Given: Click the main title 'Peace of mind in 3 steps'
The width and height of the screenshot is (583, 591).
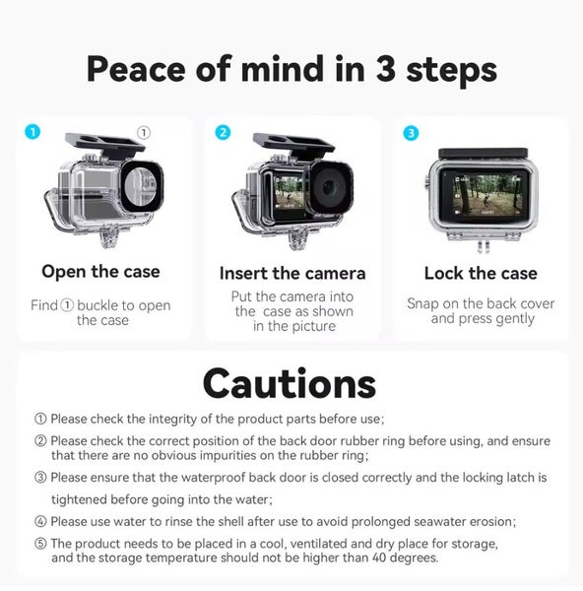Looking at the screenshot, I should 291,69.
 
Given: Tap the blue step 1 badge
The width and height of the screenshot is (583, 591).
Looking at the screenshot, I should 33,132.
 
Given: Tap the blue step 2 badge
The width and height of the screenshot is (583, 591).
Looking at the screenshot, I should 223,132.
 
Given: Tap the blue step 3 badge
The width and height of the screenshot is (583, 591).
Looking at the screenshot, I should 410,132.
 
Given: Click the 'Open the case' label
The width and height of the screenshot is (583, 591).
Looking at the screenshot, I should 100,272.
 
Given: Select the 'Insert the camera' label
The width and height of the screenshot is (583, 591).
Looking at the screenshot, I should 291,273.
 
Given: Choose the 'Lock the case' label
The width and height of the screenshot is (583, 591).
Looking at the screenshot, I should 481,273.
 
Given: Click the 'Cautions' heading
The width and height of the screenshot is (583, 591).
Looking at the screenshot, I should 290,383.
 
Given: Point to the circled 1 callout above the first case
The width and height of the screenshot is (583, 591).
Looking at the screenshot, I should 143,131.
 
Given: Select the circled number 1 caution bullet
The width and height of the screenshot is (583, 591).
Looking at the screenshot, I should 40,420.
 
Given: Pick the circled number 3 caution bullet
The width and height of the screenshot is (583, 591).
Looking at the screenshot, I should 40,478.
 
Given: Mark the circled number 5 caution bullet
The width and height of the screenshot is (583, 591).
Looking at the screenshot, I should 40,544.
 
